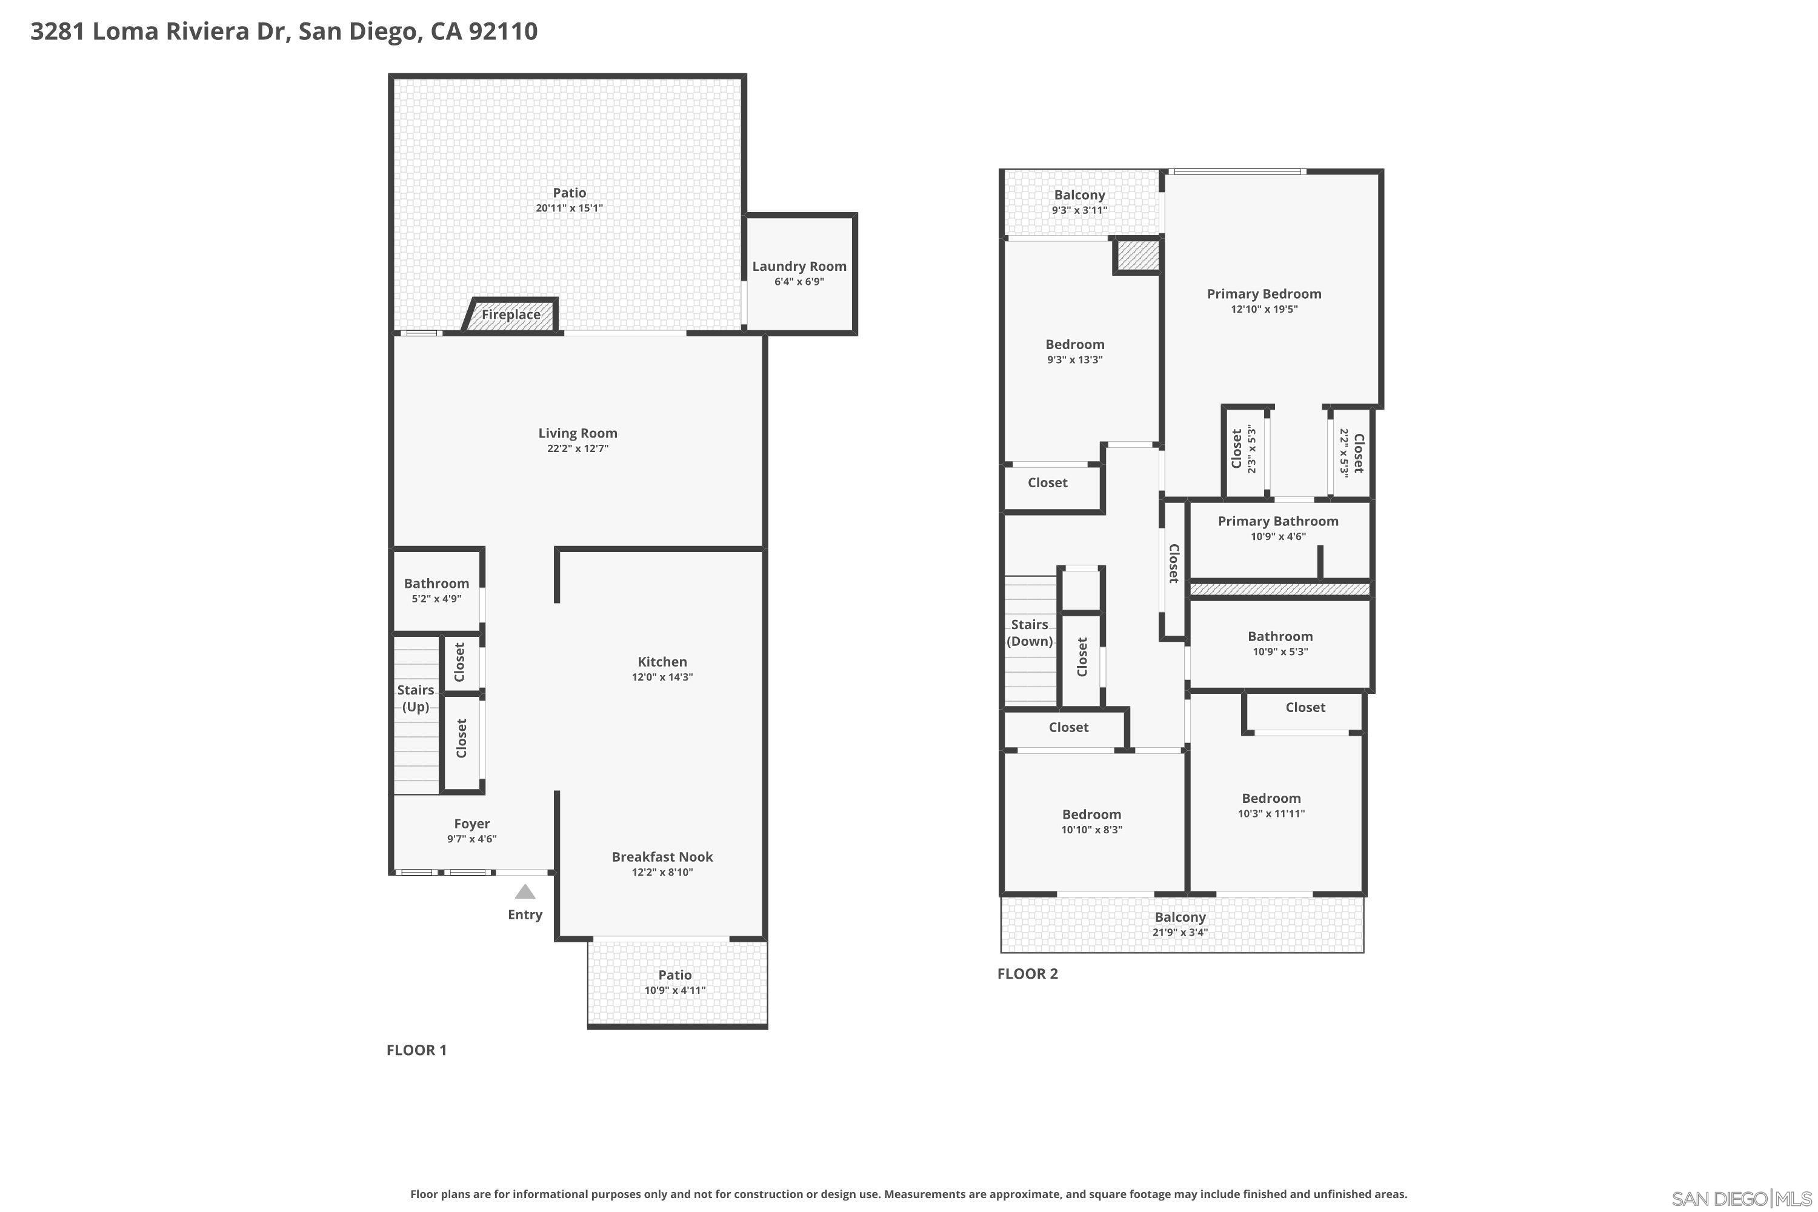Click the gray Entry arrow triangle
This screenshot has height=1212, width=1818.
[x=525, y=892]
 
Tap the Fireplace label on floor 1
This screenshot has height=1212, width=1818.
[x=511, y=315]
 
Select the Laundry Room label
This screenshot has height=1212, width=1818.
[x=799, y=266]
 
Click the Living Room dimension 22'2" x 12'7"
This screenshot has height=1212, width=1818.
[x=578, y=448]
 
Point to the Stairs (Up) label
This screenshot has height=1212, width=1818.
[x=416, y=698]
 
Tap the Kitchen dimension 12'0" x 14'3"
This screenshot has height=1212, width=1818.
[x=662, y=677]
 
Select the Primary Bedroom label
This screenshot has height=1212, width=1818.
[x=1264, y=294]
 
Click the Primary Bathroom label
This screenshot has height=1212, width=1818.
[x=1277, y=521]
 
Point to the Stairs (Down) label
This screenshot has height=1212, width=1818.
[x=1030, y=632]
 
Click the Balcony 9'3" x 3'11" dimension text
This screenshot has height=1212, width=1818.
[x=1079, y=210]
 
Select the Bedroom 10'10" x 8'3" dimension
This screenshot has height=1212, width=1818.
[x=1091, y=830]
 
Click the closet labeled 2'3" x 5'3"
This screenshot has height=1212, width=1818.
[x=1244, y=450]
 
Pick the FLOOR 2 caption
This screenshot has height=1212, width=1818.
[x=1027, y=973]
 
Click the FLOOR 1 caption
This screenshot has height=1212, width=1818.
[x=417, y=1050]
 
